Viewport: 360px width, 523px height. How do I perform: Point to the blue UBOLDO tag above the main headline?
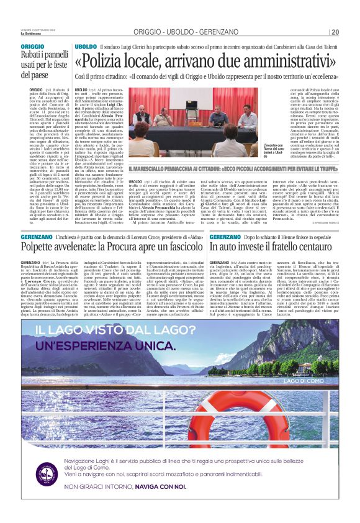click(x=86, y=46)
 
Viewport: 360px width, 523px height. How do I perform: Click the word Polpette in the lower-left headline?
click(x=42, y=246)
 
